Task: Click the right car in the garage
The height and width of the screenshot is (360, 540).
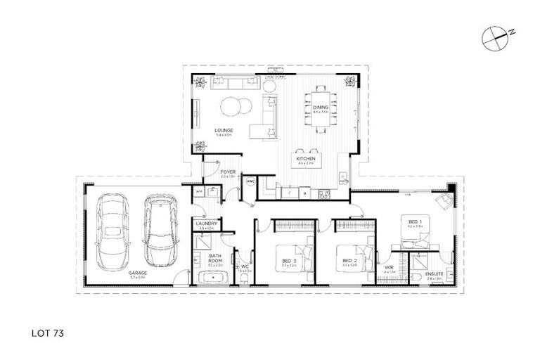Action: pyautogui.click(x=157, y=227)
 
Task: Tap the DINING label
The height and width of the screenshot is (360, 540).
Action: pyautogui.click(x=321, y=108)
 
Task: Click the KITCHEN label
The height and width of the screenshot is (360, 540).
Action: pyautogui.click(x=305, y=160)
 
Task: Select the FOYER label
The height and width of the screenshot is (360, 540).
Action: pyautogui.click(x=227, y=171)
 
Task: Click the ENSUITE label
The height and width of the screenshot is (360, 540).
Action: pyautogui.click(x=434, y=274)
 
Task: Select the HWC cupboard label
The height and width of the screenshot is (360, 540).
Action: pyautogui.click(x=250, y=181)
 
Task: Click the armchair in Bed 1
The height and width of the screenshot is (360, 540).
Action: pyautogui.click(x=442, y=202)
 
